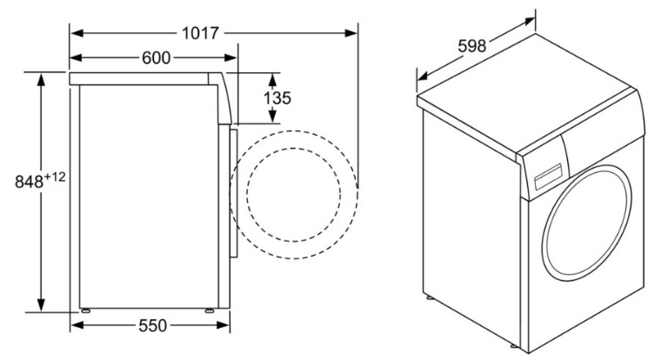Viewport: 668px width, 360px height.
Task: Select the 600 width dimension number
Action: point(156,58)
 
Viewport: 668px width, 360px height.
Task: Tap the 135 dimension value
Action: point(277,97)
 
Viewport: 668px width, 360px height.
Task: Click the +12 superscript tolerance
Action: point(57,177)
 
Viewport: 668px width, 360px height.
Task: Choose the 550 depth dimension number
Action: point(151,326)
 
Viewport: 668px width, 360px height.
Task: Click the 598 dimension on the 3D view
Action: point(472,44)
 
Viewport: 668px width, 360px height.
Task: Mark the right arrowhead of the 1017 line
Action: point(351,33)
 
